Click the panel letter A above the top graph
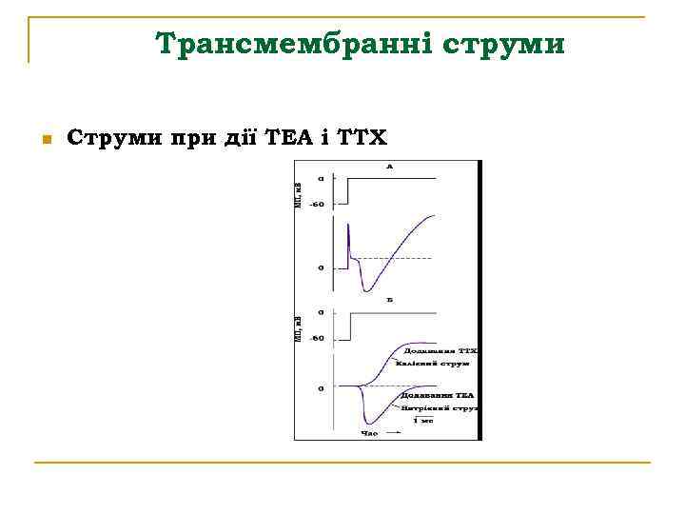pyautogui.click(x=389, y=167)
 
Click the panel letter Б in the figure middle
pyautogui.click(x=389, y=300)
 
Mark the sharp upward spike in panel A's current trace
pyautogui.click(x=348, y=225)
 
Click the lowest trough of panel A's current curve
pyautogui.click(x=365, y=290)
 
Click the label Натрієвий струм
pyautogui.click(x=440, y=406)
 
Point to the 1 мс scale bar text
pyautogui.click(x=422, y=420)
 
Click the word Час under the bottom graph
pyautogui.click(x=369, y=433)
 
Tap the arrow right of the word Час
pyautogui.click(x=393, y=433)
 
